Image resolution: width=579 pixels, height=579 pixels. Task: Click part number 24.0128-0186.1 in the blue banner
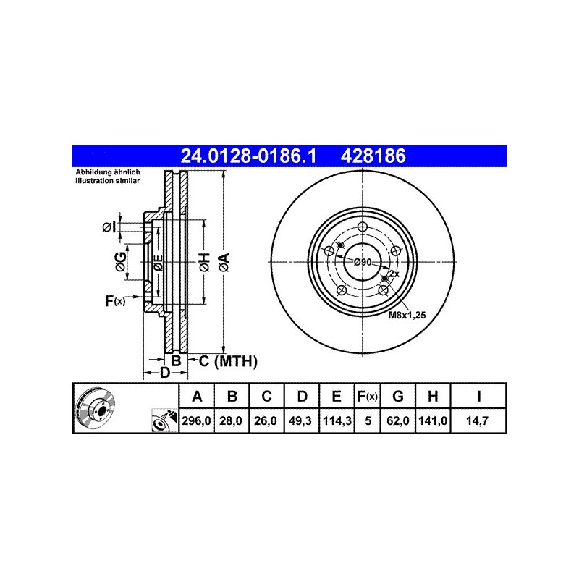point(248,156)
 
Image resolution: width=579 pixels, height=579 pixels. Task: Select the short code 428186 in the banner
point(373,156)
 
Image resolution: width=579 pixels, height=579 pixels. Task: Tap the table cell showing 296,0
point(196,420)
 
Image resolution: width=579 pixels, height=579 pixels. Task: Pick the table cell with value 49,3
point(300,420)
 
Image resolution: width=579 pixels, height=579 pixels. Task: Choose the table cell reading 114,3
point(337,420)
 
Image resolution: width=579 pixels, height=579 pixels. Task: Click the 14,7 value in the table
point(478,420)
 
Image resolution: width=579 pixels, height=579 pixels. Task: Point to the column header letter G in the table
point(397,396)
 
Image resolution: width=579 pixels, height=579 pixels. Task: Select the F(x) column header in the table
point(368,396)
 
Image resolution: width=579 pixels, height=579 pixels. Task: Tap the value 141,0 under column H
point(433,420)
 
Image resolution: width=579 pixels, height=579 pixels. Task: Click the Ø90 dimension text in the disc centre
point(363,262)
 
